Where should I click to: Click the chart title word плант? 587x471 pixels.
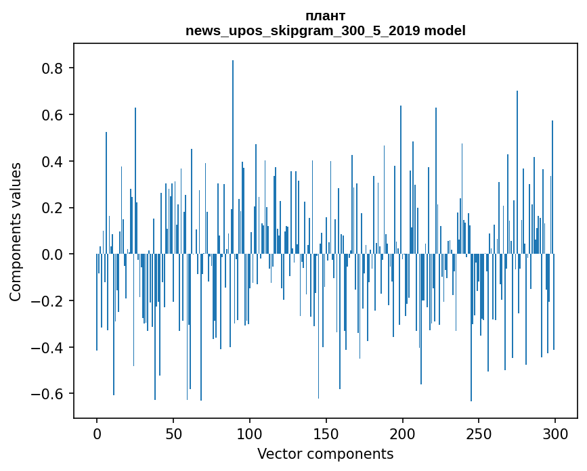(326, 16)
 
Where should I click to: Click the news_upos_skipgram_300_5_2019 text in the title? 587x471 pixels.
(303, 30)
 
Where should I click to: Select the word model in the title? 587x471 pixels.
(445, 30)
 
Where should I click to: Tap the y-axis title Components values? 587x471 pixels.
(16, 231)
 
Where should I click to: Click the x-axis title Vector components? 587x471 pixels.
(325, 453)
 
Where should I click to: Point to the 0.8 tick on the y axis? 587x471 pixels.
(53, 68)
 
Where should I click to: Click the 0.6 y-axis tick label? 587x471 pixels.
(53, 115)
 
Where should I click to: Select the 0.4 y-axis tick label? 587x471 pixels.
(53, 162)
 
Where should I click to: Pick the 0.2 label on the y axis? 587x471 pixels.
(53, 208)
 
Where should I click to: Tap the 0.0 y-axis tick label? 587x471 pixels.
(53, 254)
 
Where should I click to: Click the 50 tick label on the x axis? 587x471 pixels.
(173, 433)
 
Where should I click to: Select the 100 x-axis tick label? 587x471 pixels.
(250, 433)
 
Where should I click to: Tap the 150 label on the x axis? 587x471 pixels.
(326, 433)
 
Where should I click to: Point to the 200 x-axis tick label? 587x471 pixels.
(403, 433)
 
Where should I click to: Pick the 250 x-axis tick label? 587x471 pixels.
(479, 433)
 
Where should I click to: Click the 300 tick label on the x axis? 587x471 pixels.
(555, 433)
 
